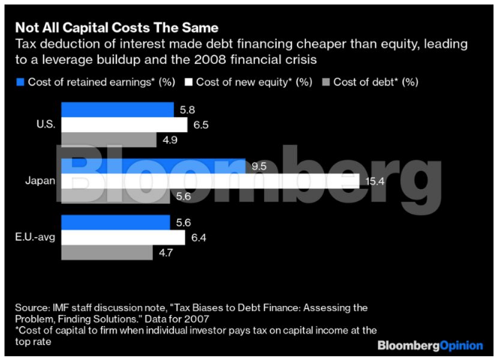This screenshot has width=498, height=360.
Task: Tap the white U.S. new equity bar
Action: (x=124, y=124)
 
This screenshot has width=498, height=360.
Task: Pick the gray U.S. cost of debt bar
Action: (x=109, y=139)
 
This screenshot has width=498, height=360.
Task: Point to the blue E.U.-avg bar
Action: (x=116, y=222)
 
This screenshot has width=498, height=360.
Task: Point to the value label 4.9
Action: (x=169, y=140)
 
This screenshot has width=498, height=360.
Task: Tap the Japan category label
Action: (x=38, y=181)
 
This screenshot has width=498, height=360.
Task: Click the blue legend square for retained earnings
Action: (x=20, y=81)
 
